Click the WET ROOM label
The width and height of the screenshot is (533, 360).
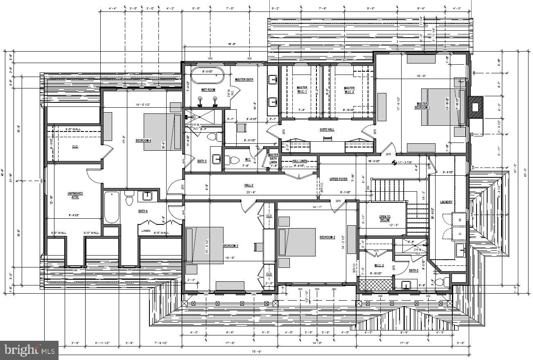click(208, 90)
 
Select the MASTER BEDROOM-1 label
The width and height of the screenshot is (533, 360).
click(423, 106)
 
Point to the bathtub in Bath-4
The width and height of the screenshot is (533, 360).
click(111, 208)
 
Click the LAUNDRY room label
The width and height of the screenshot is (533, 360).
click(446, 202)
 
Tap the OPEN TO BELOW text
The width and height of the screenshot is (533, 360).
click(384, 218)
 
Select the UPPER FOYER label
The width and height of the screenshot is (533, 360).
click(339, 179)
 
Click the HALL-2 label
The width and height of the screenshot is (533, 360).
click(249, 186)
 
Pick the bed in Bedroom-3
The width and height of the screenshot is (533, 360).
click(205, 245)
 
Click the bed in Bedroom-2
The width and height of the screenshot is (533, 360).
click(297, 242)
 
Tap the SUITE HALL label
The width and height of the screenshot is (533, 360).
click(327, 129)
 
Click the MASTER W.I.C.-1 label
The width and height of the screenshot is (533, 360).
click(302, 90)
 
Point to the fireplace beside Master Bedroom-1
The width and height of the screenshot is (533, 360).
click(475, 107)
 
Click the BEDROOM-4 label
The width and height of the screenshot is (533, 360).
click(143, 140)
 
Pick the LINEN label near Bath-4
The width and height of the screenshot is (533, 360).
click(146, 231)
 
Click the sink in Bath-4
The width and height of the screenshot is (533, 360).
click(147, 196)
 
